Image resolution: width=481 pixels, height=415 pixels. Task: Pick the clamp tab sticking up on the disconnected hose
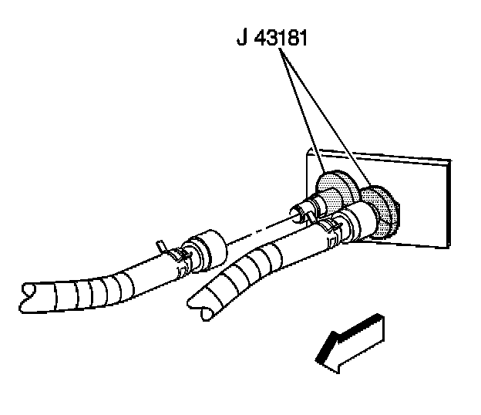tap(161, 245)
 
